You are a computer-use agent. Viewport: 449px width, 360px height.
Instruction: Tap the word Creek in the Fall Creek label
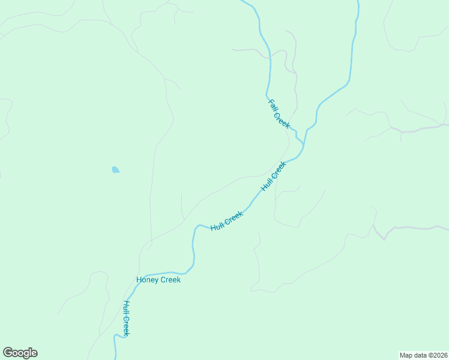click(282, 120)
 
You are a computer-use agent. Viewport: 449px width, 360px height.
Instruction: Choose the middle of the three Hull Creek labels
click(227, 220)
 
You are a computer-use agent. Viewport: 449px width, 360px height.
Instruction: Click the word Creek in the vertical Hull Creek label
click(127, 325)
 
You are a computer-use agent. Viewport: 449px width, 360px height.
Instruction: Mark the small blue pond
click(115, 170)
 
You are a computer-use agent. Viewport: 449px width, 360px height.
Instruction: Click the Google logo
click(20, 353)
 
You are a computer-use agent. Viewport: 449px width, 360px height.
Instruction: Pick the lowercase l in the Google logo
click(29, 352)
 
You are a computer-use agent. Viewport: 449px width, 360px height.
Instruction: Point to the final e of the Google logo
click(34, 353)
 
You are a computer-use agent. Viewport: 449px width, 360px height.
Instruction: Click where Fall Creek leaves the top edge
click(243, 1)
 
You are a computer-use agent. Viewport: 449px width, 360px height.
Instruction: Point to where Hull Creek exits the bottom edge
click(115, 358)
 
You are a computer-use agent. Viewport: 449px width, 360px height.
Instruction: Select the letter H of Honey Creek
click(139, 280)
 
